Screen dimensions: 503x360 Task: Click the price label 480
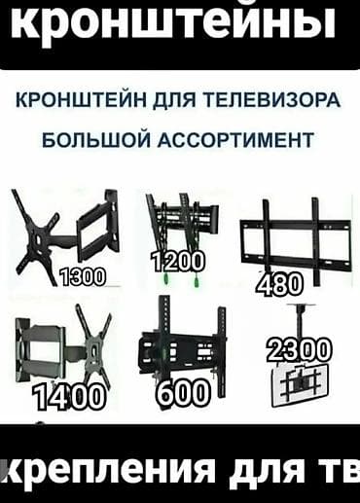(x=279, y=284)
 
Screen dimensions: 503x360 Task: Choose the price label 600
(x=181, y=392)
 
